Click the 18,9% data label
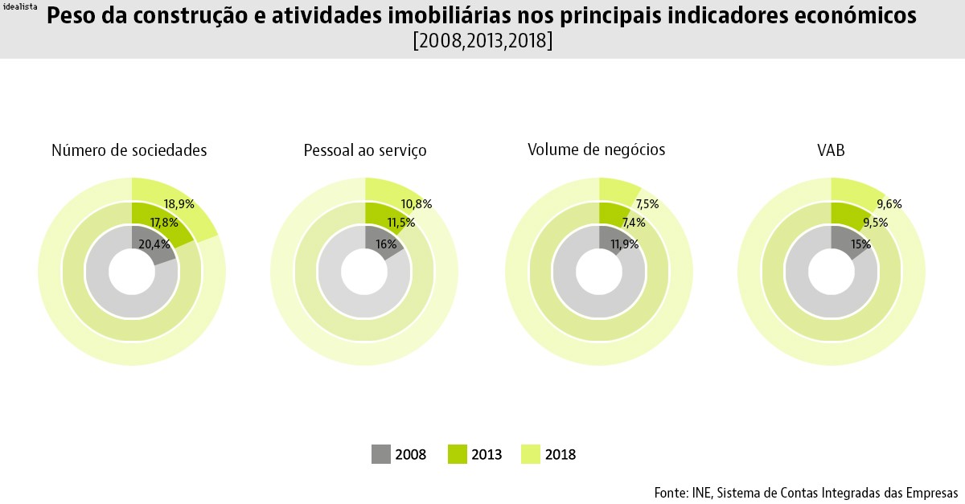(179, 204)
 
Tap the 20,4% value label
(154, 244)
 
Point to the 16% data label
(386, 244)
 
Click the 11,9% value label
(623, 244)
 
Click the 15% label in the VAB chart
(860, 244)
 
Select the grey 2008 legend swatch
(380, 454)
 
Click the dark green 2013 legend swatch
(456, 454)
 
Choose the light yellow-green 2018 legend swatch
(531, 454)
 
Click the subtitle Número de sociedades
(129, 150)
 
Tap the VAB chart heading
(831, 150)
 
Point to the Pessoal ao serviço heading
(364, 150)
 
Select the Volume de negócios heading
(596, 150)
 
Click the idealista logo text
(20, 6)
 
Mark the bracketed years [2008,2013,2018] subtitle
(482, 41)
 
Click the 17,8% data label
(164, 223)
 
